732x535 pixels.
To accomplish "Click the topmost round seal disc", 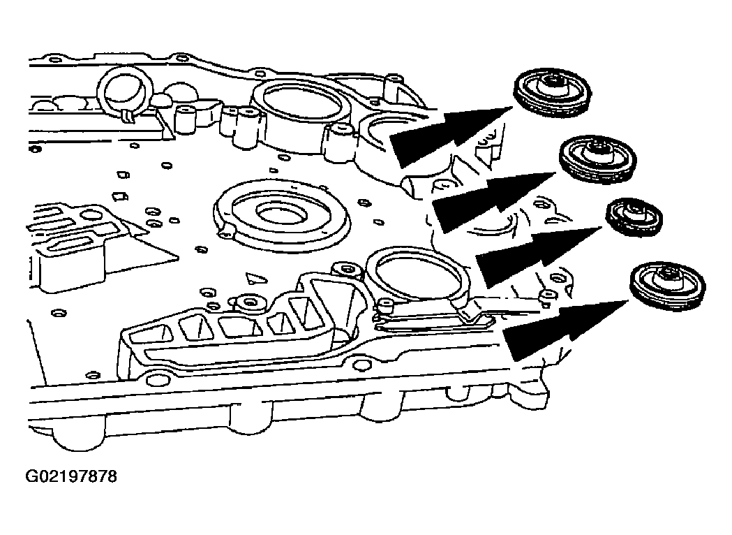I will coord(553,91).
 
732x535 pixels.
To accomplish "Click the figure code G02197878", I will coord(71,478).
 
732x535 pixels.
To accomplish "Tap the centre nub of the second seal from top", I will coord(597,149).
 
